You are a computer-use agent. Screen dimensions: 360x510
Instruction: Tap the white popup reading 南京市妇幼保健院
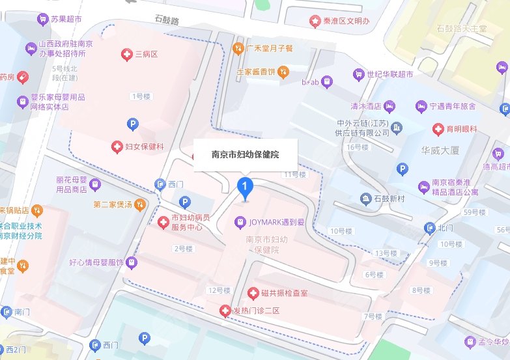[x=246, y=155]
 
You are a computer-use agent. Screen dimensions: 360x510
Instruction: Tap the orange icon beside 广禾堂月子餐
[x=239, y=48]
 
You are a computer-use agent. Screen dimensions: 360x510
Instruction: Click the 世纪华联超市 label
[x=390, y=75]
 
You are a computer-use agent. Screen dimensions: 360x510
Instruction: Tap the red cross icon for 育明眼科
[x=441, y=128]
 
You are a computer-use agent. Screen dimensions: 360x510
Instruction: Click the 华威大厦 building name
[x=440, y=150]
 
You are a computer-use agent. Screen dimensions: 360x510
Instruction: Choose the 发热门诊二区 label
[x=257, y=311]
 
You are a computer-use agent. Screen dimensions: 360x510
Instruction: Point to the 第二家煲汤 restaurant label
[x=113, y=205]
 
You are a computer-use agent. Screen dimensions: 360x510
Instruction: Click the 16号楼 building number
[x=358, y=147]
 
